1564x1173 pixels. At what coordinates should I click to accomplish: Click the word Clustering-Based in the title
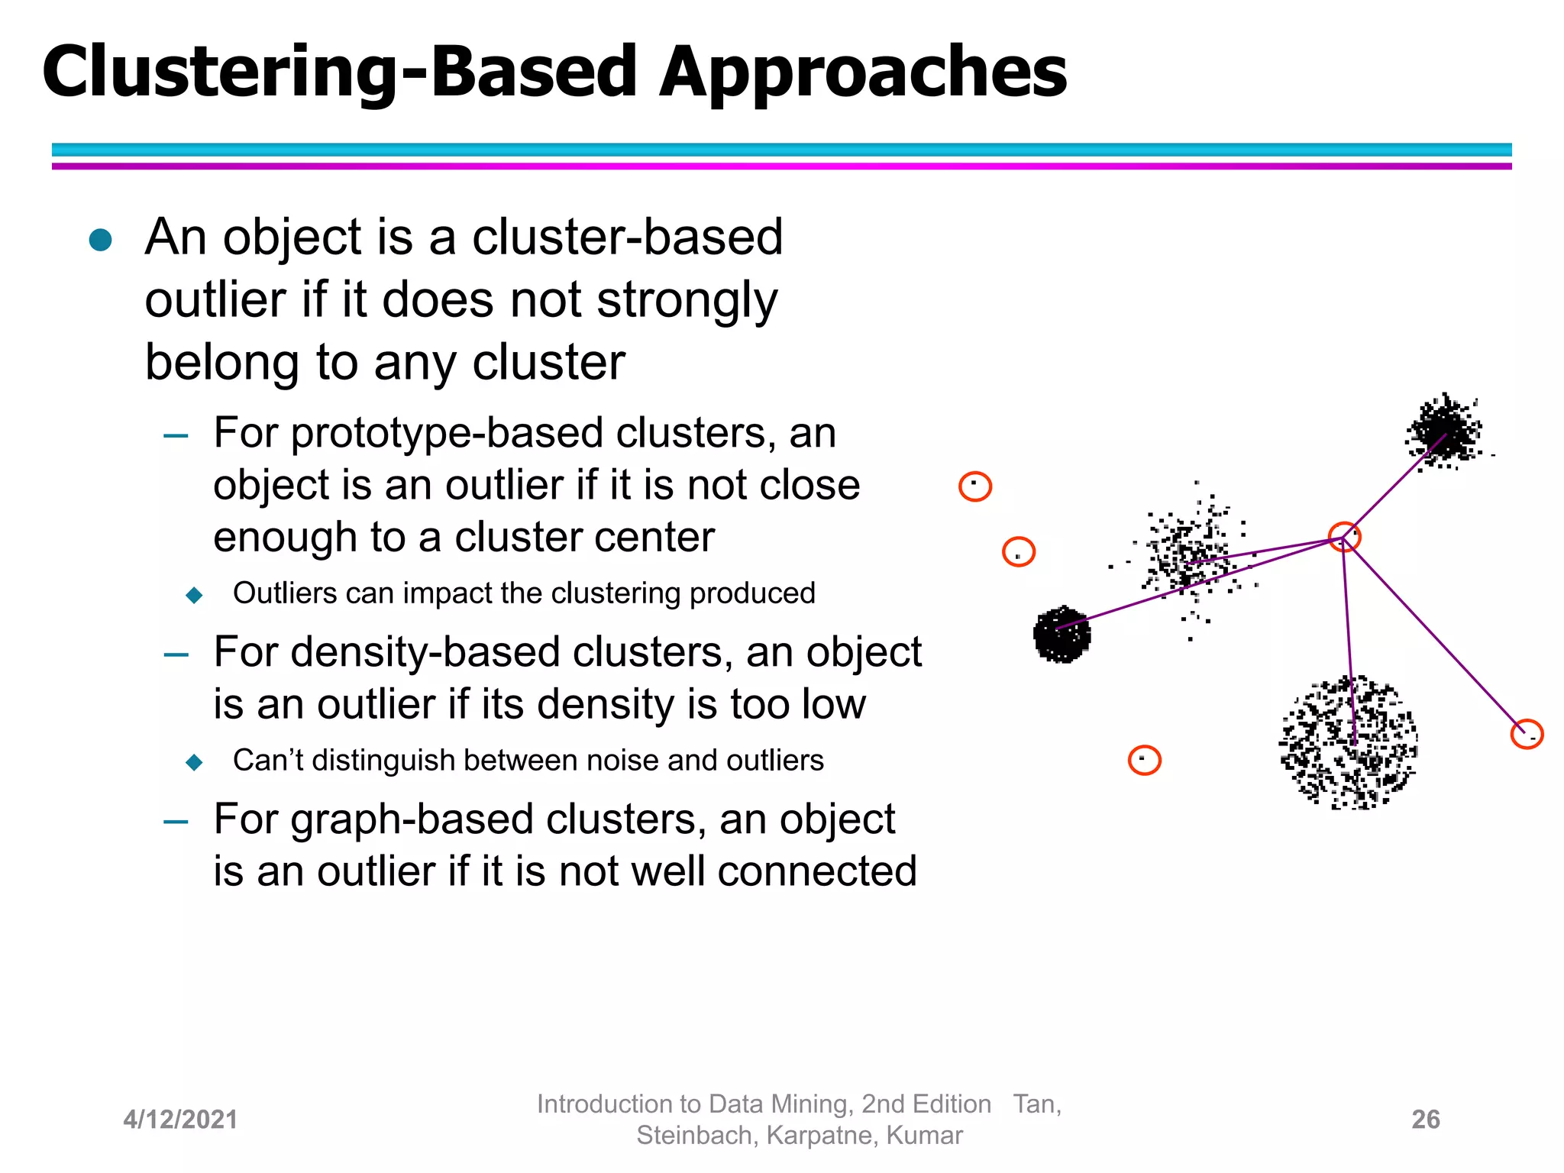[x=340, y=73]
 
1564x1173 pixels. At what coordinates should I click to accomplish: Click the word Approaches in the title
[x=863, y=73]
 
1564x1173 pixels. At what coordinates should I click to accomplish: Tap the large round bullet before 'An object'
[x=101, y=240]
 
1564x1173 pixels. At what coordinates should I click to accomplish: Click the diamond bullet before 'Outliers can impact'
[x=195, y=595]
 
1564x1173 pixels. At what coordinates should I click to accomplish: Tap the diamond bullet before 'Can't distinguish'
[x=195, y=762]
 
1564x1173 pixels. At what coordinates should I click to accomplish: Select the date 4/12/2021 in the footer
[x=180, y=1120]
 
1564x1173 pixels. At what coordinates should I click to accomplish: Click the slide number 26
[x=1425, y=1120]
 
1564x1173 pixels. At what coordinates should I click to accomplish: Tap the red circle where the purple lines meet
[x=1344, y=537]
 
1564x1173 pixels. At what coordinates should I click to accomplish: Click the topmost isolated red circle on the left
[x=975, y=486]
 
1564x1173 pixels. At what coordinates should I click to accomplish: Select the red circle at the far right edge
[x=1527, y=734]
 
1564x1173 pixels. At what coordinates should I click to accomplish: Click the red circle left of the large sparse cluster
[x=1144, y=760]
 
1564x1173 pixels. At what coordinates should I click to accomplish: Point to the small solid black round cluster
[x=1062, y=634]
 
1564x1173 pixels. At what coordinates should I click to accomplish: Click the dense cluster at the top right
[x=1443, y=431]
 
